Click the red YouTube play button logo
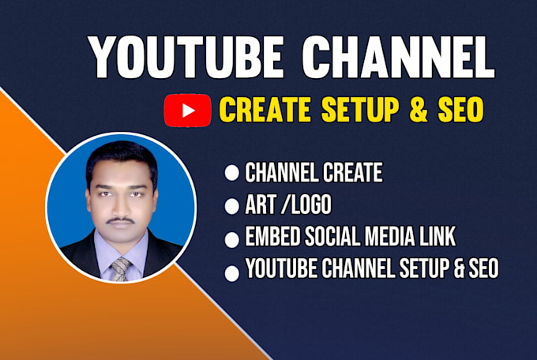pyautogui.click(x=187, y=110)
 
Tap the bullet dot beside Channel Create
pyautogui.click(x=232, y=174)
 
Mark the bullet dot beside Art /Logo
pyautogui.click(x=232, y=208)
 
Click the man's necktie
pyautogui.click(x=119, y=268)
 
